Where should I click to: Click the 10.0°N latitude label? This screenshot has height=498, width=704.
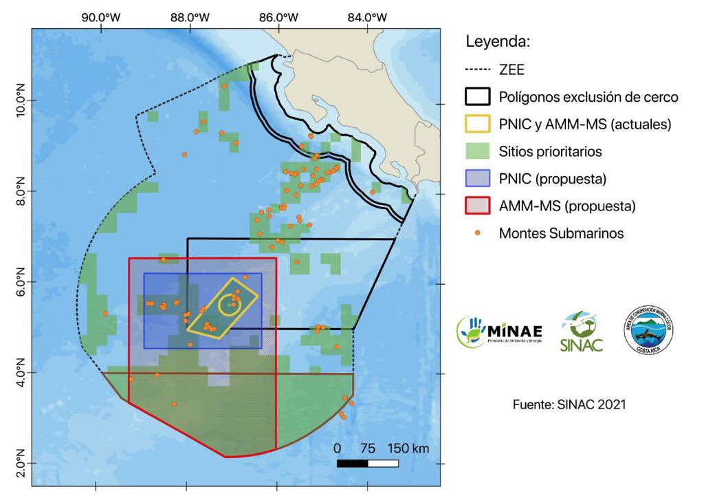(x=19, y=101)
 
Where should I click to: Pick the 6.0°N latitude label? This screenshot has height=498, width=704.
(x=19, y=283)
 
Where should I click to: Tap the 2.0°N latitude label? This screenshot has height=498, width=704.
(x=19, y=463)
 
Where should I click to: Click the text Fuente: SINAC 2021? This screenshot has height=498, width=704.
(x=569, y=404)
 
